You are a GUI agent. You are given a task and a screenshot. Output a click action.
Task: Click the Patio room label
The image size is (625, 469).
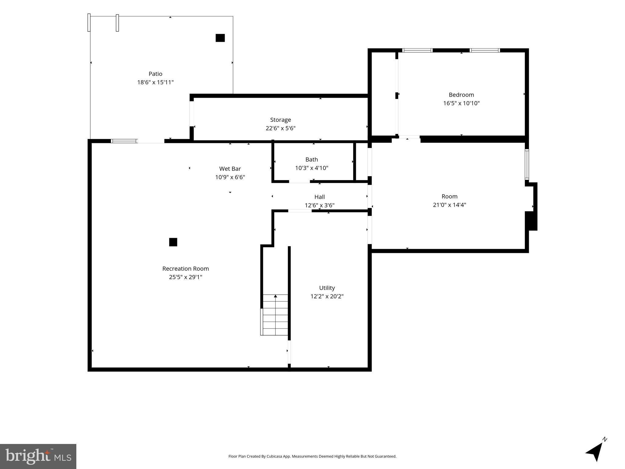[x=155, y=74]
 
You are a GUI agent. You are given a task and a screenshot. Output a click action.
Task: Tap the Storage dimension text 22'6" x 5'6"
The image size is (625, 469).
[x=281, y=128]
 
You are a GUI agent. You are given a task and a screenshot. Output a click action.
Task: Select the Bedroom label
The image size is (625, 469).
[x=461, y=95]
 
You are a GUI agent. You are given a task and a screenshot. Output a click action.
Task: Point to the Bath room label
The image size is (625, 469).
[x=312, y=159]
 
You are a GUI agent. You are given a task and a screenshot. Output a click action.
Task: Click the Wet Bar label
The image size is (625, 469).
[x=230, y=169]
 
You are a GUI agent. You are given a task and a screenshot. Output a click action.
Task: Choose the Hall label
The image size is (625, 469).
[x=320, y=197]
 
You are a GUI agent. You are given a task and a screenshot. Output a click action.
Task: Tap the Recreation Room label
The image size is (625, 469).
[x=186, y=269]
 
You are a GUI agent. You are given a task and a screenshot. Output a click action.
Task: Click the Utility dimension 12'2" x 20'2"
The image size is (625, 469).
[x=327, y=296]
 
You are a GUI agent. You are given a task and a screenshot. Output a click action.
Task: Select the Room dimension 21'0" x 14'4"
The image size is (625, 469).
[x=449, y=205]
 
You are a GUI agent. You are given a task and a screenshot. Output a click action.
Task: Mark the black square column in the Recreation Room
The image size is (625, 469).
[x=173, y=242]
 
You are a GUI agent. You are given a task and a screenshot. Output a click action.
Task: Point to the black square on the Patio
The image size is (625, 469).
[x=220, y=38]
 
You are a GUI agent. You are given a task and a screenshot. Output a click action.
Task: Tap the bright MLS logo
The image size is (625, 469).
[x=38, y=456]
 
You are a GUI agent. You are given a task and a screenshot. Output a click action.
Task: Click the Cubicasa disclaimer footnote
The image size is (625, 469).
[x=312, y=456]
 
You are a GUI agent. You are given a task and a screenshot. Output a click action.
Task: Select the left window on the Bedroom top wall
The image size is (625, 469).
[x=417, y=50]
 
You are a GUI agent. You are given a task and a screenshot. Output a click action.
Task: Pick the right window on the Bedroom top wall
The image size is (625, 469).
[x=485, y=50]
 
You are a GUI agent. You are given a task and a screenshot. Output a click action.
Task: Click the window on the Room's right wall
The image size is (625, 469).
[x=527, y=164]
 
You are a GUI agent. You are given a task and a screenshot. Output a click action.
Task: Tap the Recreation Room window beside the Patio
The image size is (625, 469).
[x=124, y=141]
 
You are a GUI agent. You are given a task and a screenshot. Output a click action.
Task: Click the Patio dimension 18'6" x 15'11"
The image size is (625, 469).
[x=155, y=82]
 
